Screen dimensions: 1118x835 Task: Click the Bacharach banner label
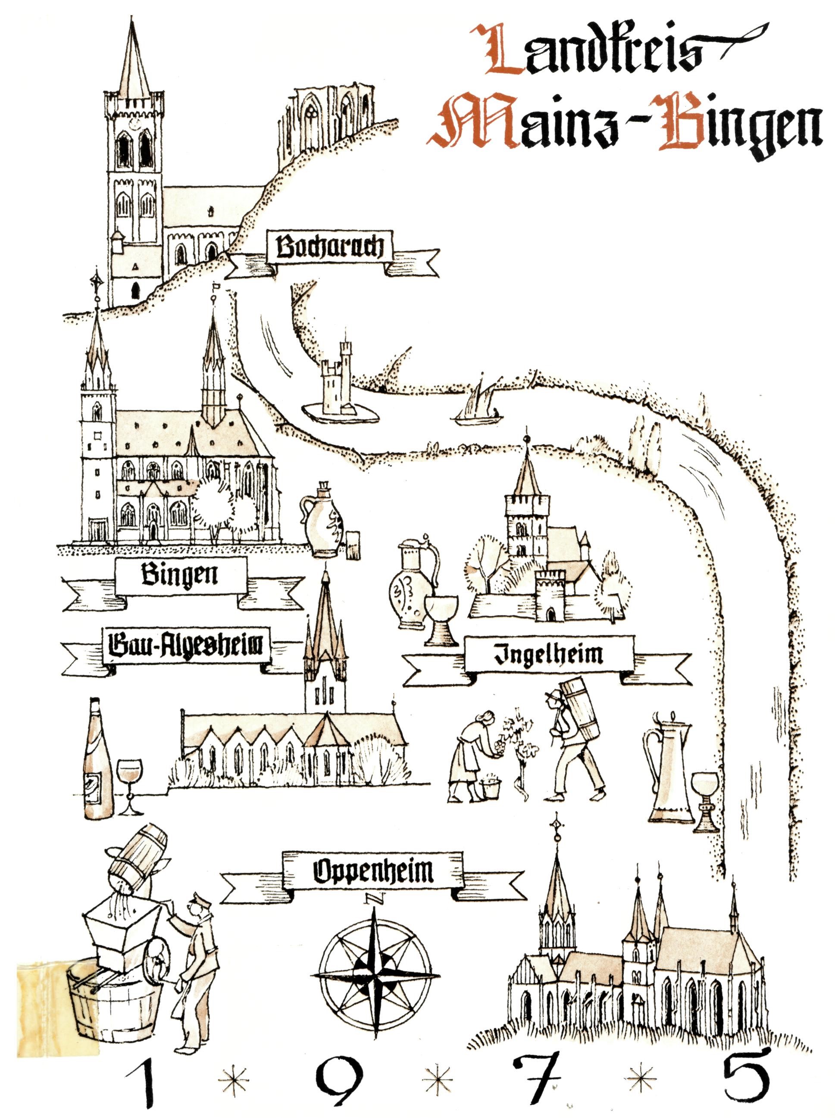(329, 247)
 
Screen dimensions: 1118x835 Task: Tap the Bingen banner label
(180, 575)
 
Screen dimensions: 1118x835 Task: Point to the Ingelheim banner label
(548, 654)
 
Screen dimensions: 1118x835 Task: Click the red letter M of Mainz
(475, 121)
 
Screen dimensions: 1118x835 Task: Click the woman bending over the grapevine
(472, 753)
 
